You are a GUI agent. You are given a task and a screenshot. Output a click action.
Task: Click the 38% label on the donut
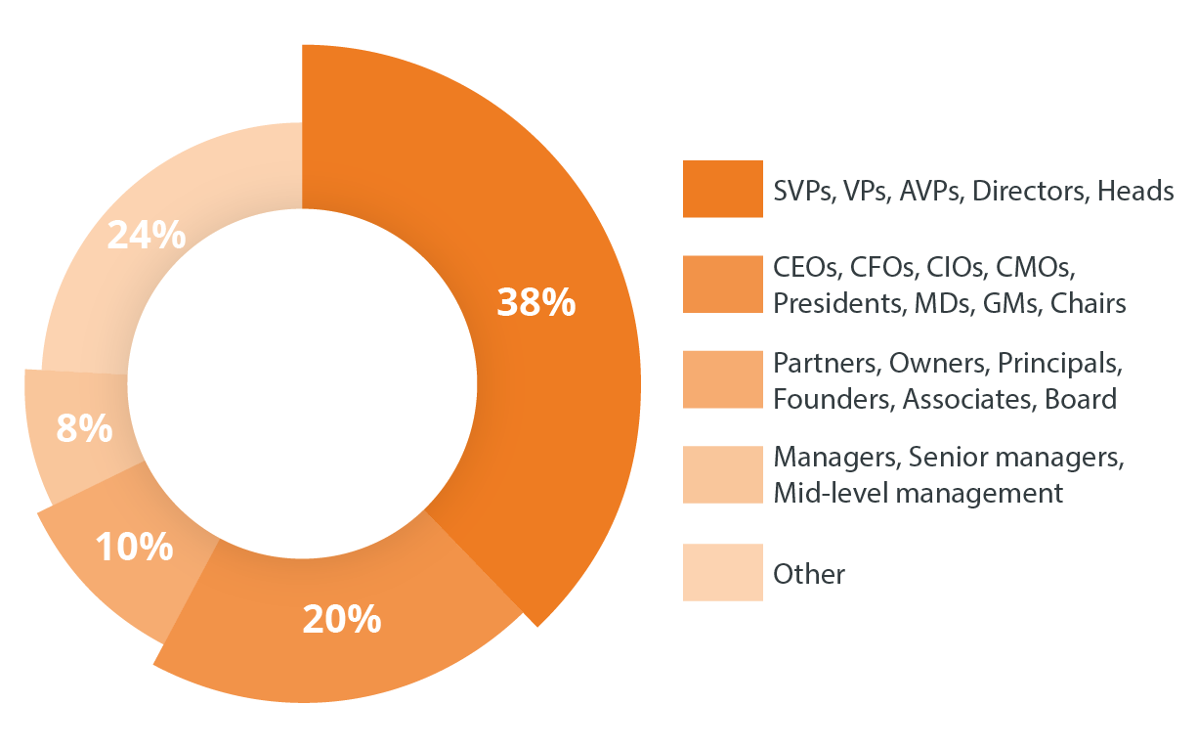coord(536,303)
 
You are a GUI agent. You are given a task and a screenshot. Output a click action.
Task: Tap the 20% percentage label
coord(341,619)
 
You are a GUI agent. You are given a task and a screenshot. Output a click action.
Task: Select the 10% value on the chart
coord(134,548)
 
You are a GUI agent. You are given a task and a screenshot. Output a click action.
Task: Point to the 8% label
coord(84,429)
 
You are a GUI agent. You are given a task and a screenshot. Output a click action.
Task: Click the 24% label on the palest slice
coord(147,235)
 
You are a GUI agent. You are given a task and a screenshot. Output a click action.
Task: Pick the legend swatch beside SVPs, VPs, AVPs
coord(722,189)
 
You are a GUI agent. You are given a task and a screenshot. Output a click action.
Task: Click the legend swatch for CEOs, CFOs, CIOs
coord(722,285)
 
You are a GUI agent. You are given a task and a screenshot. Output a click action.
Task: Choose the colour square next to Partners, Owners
coord(722,380)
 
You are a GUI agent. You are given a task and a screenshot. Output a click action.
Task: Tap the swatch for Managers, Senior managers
coord(722,475)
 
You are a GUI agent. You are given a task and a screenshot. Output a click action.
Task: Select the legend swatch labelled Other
coord(722,572)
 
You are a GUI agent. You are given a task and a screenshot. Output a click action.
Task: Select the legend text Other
coord(808,574)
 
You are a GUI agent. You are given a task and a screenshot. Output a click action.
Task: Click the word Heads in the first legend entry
coord(1135,191)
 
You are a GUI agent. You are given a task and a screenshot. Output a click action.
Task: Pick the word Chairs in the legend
coord(1088,304)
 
